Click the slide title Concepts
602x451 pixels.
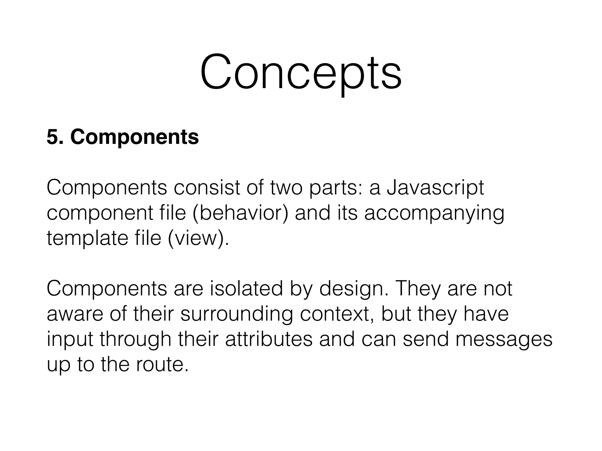point(301,72)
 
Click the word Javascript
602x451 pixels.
point(435,188)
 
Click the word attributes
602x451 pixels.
point(269,339)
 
